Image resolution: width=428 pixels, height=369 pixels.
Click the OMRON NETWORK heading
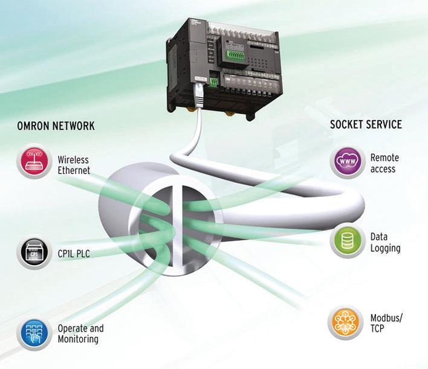56,126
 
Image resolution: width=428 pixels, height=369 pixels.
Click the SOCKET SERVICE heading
365,125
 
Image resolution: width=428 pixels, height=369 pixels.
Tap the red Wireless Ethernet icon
34,161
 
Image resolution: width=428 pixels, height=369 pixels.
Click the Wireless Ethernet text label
74,165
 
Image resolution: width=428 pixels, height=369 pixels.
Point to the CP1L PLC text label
73,254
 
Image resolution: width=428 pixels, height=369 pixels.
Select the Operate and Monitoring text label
80,334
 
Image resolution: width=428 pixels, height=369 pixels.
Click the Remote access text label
384,163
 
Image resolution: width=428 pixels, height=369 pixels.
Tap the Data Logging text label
385,243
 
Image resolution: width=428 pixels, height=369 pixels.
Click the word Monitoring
78,339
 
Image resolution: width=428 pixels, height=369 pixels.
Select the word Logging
386,248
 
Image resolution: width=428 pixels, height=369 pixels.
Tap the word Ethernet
74,170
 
